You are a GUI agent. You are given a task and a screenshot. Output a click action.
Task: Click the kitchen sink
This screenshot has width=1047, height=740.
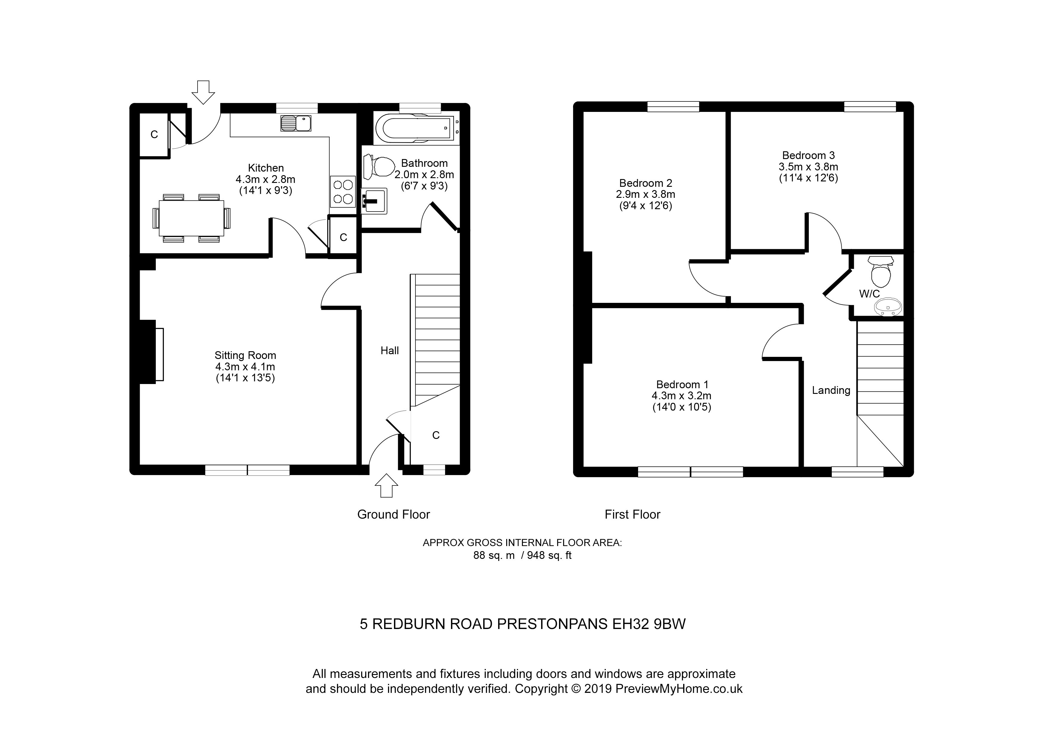(296, 123)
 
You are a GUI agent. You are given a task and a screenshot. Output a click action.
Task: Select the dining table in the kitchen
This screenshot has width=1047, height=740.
(192, 218)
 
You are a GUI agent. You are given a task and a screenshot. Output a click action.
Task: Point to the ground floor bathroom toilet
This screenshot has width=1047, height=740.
(379, 166)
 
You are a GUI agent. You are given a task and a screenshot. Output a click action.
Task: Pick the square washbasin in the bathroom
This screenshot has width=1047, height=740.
(374, 201)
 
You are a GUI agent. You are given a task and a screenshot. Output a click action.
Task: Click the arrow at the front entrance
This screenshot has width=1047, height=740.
(386, 485)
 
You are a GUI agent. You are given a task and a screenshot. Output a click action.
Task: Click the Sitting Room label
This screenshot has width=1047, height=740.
(245, 355)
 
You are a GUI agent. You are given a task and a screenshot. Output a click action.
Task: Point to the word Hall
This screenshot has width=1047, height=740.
(390, 350)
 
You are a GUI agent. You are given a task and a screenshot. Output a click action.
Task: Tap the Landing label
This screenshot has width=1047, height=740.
(831, 390)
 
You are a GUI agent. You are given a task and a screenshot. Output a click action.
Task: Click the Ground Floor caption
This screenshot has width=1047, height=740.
(394, 514)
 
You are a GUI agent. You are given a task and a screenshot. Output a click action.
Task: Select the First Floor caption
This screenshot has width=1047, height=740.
(632, 514)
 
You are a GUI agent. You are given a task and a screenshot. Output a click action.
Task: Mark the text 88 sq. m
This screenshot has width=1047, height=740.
(494, 555)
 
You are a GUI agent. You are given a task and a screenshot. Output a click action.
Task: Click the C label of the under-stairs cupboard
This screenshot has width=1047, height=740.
(436, 435)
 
